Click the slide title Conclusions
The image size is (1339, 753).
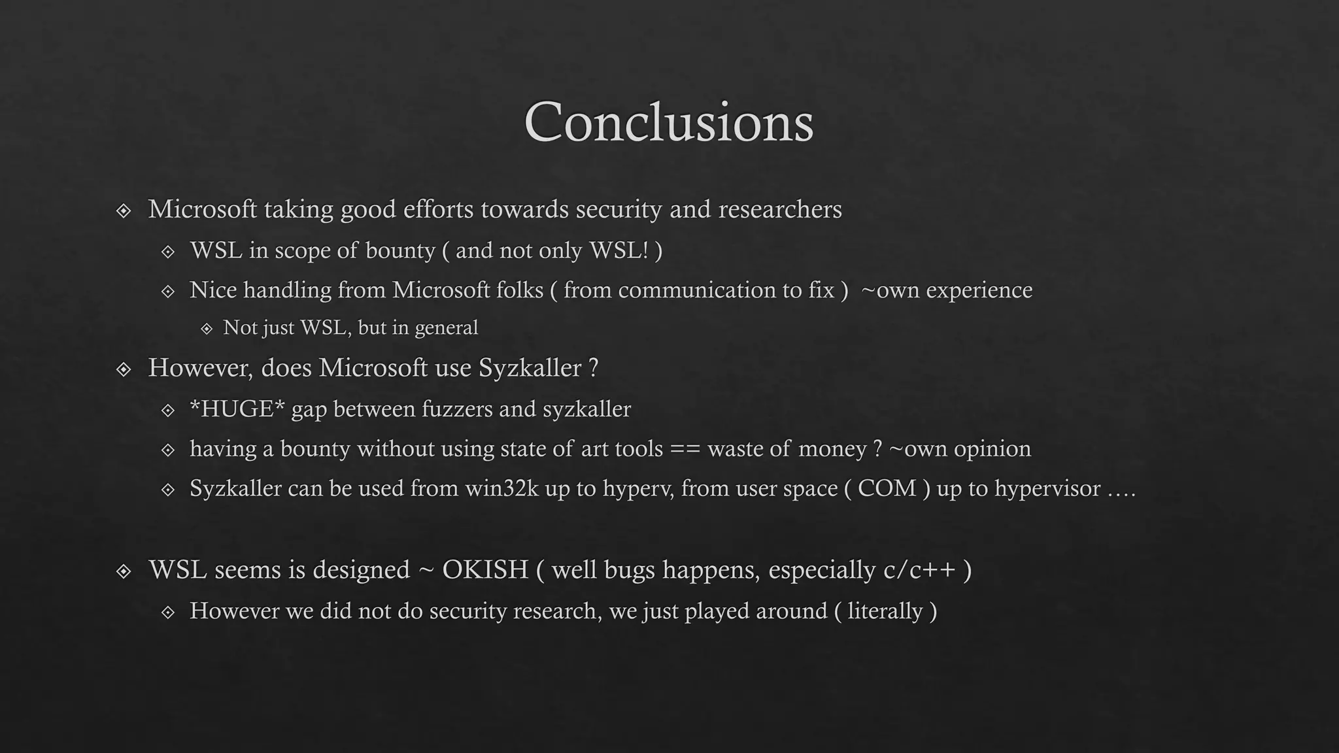pyautogui.click(x=668, y=122)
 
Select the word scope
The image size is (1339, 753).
pyautogui.click(x=302, y=251)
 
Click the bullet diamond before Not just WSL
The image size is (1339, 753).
pyautogui.click(x=207, y=329)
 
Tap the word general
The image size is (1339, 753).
pyautogui.click(x=446, y=328)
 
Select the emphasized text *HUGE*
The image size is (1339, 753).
pyautogui.click(x=237, y=409)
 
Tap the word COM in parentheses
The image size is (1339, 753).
pyautogui.click(x=887, y=489)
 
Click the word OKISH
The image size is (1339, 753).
pyautogui.click(x=485, y=570)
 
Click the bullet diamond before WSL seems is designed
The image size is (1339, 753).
pyautogui.click(x=124, y=572)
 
